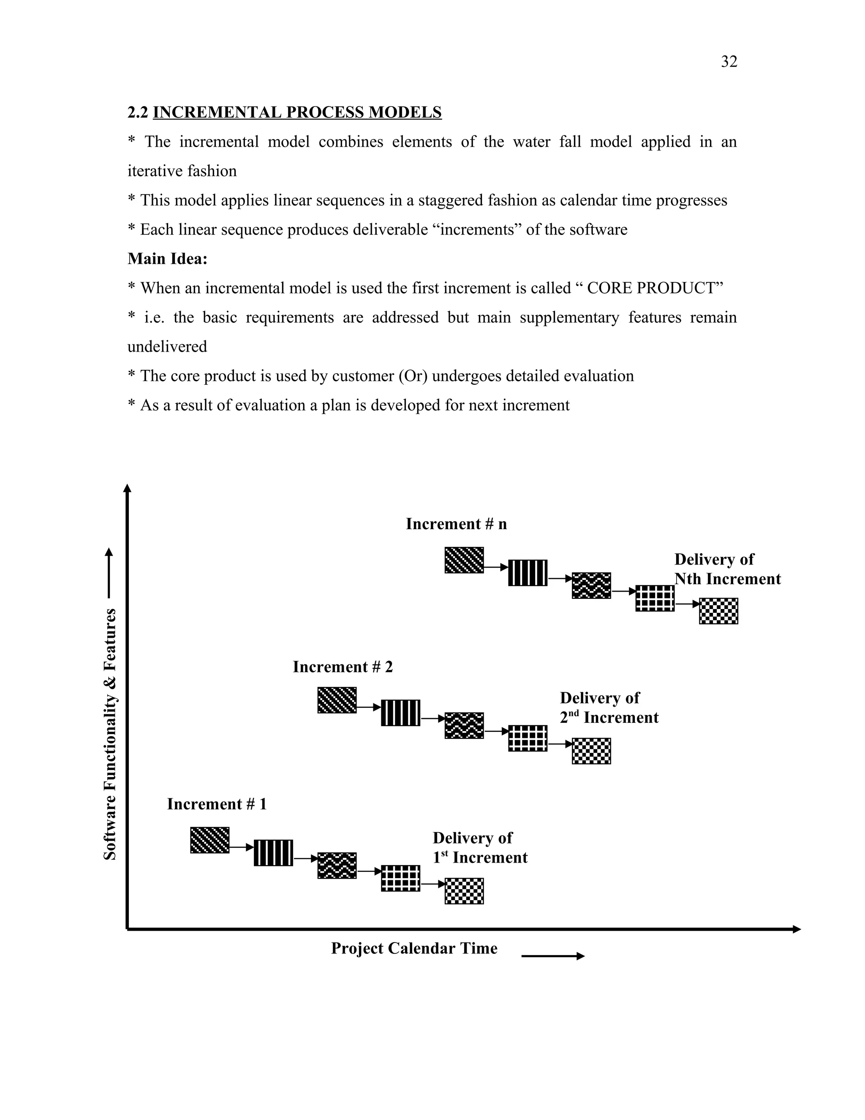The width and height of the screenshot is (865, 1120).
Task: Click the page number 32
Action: [729, 62]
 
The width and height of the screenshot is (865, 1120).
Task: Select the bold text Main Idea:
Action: [167, 259]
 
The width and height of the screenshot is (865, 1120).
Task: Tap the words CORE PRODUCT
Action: [651, 288]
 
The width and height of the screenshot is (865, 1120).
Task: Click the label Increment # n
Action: [456, 524]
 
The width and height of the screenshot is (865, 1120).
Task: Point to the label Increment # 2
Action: [342, 667]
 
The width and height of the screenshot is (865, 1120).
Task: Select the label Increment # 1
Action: [217, 803]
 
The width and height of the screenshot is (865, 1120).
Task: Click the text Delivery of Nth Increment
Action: [726, 569]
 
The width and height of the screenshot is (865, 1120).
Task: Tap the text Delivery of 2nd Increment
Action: [608, 708]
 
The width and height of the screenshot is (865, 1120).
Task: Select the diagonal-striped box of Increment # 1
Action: [209, 840]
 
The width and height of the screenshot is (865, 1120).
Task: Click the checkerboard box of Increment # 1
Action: [464, 891]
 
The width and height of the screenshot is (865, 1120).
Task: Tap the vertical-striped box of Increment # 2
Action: [400, 713]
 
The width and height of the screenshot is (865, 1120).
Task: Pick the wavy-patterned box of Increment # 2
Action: [464, 726]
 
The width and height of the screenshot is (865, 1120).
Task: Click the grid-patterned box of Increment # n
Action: [654, 598]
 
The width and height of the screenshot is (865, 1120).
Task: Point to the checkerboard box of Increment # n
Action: [718, 611]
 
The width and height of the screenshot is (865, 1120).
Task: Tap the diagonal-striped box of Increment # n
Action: [464, 560]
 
